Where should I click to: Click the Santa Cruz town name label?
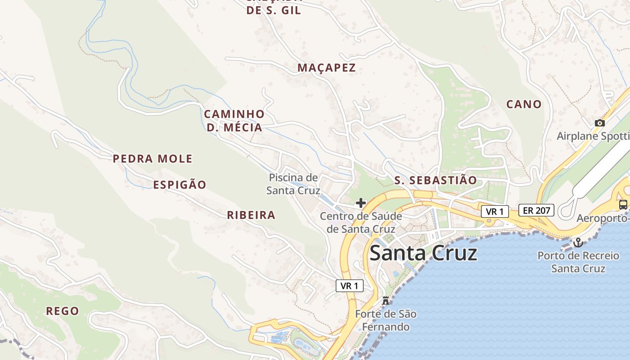click(423, 253)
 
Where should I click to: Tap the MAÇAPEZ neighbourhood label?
click(327, 68)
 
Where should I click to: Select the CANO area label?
click(524, 104)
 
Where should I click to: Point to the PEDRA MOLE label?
click(153, 159)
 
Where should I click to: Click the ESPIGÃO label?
click(180, 185)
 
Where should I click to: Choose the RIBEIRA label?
click(251, 215)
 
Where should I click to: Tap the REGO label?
click(63, 311)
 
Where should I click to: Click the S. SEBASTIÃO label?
click(435, 180)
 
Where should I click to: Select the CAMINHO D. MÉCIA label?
click(234, 121)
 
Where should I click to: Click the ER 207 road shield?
click(536, 210)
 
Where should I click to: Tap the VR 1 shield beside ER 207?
click(495, 211)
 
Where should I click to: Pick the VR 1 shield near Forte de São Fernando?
click(349, 286)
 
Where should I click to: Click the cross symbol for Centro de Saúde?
click(360, 203)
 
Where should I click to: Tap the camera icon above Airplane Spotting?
click(599, 123)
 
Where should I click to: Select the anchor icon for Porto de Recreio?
click(578, 243)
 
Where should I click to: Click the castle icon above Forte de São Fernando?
click(385, 301)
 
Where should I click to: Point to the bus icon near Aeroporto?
click(623, 204)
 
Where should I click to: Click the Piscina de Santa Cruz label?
click(293, 184)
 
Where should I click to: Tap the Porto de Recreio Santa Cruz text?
click(578, 262)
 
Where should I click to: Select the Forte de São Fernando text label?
click(386, 320)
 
